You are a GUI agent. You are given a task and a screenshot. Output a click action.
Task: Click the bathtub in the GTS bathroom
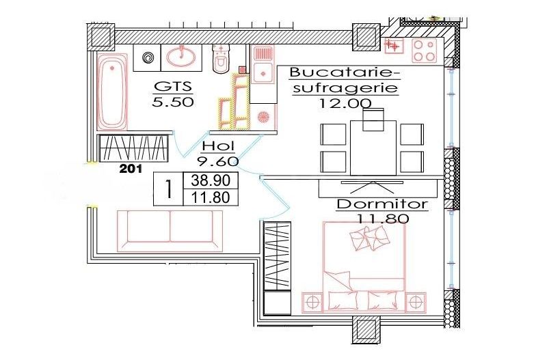tap(112, 94)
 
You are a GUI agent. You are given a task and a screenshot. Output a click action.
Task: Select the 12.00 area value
tap(345, 103)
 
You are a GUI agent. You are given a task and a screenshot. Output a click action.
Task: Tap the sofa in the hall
tap(170, 226)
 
